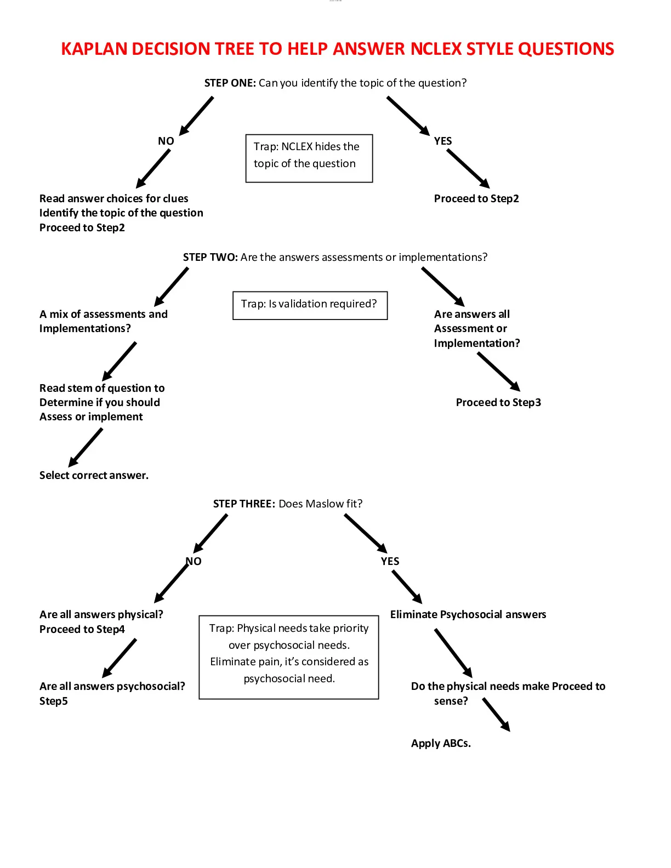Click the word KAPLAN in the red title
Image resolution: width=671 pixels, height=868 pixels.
pos(94,49)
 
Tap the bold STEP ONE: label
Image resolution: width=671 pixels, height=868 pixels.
pos(230,83)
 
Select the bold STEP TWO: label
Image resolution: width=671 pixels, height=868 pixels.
pos(210,257)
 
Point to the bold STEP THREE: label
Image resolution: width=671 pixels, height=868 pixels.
pos(244,503)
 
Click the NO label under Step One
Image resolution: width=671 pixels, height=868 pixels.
pos(166,141)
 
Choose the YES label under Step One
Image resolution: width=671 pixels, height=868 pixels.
pos(443,141)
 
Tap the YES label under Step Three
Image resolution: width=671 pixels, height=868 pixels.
pos(390,561)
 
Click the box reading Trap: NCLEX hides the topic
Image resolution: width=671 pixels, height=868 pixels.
pos(309,158)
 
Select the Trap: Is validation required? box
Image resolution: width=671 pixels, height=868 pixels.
pos(310,306)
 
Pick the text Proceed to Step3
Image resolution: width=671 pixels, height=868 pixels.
pos(498,402)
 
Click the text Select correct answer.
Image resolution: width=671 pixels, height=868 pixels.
pos(94,475)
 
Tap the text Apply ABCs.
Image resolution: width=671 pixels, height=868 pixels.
pos(441,743)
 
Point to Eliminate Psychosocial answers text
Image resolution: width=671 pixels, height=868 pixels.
pos(468,614)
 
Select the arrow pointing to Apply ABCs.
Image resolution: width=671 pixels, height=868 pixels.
pos(496,715)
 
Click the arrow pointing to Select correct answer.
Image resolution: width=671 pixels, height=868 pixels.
pos(86,448)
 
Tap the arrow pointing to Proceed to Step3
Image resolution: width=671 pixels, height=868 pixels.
pos(499,372)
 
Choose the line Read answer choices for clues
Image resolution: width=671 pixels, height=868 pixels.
pos(114,198)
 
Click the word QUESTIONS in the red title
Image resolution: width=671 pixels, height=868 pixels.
pos(566,49)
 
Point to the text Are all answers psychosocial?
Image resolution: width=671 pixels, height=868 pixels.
pos(112,686)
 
